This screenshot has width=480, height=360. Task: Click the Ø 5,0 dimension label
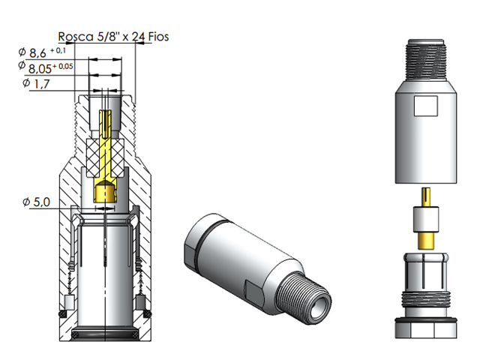coord(36,202)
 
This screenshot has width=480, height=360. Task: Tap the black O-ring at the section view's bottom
coord(105,330)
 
